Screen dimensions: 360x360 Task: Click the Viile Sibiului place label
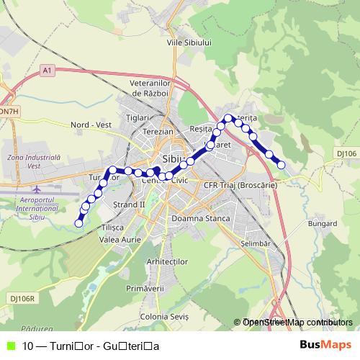coord(189,43)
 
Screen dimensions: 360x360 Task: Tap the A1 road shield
coord(47,70)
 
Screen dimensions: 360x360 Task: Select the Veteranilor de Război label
coord(149,88)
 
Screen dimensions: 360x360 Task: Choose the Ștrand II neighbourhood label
coord(130,204)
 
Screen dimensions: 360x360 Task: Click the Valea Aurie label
coord(119,239)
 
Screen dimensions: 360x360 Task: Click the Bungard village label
coord(323,224)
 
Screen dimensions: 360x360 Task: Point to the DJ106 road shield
coord(346,153)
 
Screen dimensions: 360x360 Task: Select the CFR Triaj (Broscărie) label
coord(240,185)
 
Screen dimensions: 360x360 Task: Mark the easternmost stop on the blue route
coord(282,165)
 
